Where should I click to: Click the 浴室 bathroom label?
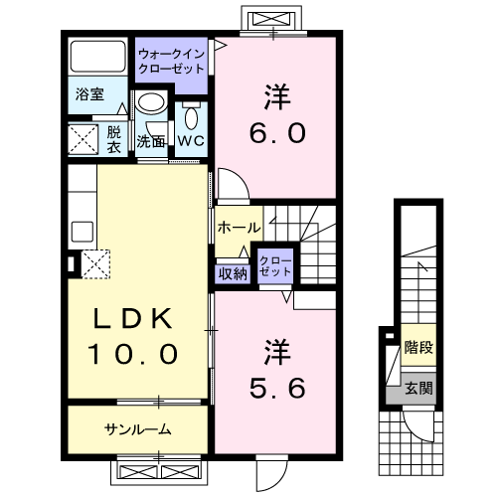point(89,94)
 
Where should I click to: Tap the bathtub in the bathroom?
point(98,59)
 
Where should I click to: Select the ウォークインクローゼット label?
point(171,62)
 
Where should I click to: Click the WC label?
point(192,140)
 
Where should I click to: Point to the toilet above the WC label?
point(192,115)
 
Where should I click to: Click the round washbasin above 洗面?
point(151,103)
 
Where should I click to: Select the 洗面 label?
point(151,141)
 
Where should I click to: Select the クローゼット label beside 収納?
point(275,265)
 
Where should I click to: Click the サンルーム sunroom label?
point(137,429)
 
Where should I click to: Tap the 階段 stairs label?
point(417,349)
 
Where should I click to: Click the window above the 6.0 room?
point(270,19)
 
